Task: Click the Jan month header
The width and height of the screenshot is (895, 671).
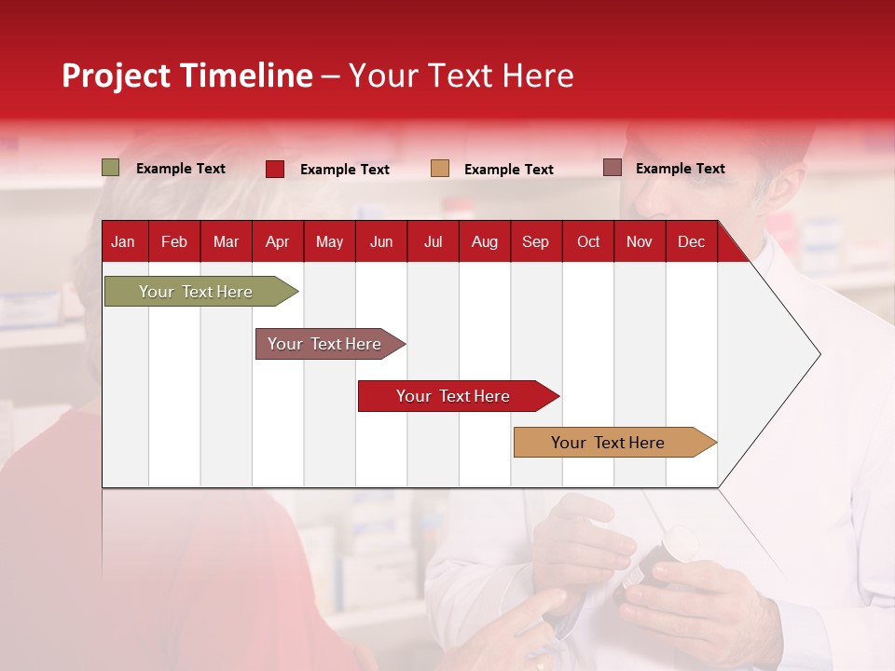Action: [123, 242]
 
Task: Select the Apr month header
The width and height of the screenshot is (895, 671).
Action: [277, 242]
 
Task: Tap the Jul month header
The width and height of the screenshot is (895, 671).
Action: [433, 242]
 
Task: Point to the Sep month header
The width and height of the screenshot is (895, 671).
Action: [535, 242]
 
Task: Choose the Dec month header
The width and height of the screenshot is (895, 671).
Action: [691, 242]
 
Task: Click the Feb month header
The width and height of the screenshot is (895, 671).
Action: [174, 242]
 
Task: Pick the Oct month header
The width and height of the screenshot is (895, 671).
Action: [587, 242]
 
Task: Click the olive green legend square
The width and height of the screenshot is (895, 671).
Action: [111, 168]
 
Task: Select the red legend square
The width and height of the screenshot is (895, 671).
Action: [275, 169]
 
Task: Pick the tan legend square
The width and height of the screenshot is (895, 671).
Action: [440, 169]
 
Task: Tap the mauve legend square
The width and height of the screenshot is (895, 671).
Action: [613, 168]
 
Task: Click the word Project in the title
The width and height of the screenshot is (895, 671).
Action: [116, 75]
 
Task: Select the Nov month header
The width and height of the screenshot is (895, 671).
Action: [640, 242]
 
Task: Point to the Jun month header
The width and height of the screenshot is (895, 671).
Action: [381, 242]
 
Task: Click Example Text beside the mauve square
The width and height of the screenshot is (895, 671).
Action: [680, 169]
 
